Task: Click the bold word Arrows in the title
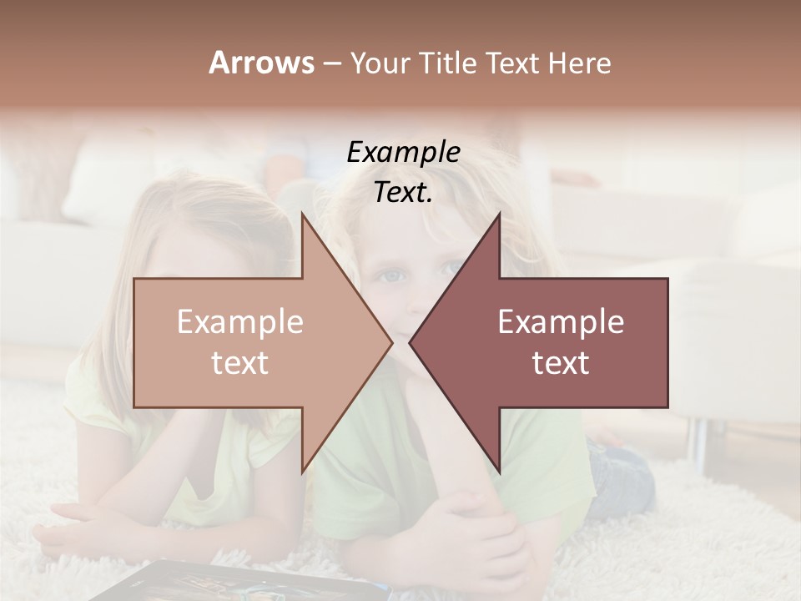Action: pyautogui.click(x=262, y=63)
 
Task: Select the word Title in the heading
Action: pyautogui.click(x=446, y=63)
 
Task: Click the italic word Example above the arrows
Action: pyautogui.click(x=403, y=153)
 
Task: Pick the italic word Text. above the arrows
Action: pyautogui.click(x=403, y=192)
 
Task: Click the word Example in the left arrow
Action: pyautogui.click(x=239, y=322)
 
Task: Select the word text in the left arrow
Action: pyautogui.click(x=239, y=362)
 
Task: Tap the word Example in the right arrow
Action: pyautogui.click(x=561, y=322)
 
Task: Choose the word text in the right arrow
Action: pyautogui.click(x=561, y=362)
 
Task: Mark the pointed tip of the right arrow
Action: pyautogui.click(x=410, y=342)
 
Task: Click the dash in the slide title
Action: pyautogui.click(x=331, y=63)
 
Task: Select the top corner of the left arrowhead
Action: pyautogui.click(x=302, y=213)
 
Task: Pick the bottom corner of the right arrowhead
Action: pyautogui.click(x=499, y=472)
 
